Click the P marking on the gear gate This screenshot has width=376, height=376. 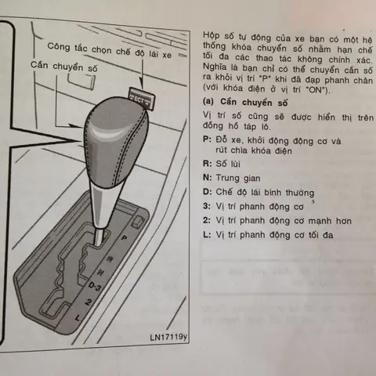125,238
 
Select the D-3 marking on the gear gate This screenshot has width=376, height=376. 95,287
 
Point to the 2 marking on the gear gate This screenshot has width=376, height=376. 89,302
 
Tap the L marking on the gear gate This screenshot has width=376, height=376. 78,317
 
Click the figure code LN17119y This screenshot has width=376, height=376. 168,337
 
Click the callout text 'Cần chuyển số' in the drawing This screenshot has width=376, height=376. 64,67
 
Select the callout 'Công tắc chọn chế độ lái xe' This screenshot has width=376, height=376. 110,50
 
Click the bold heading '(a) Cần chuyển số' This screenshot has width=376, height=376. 245,102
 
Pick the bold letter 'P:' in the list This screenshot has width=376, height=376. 207,139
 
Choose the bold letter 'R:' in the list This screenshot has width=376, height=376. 207,164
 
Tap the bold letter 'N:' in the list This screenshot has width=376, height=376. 208,178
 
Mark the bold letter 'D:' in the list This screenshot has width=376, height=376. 208,192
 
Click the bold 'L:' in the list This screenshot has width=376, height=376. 207,234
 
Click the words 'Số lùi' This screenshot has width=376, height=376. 228,164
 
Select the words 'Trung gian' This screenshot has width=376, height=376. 238,179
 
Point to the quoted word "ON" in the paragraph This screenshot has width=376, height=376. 316,90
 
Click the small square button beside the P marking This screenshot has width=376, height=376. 138,222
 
